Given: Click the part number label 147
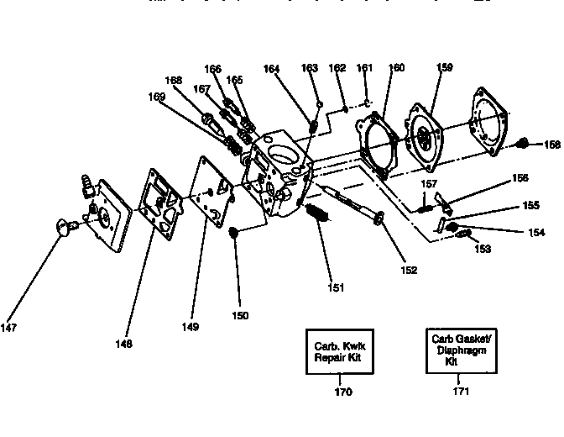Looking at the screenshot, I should click(12, 326).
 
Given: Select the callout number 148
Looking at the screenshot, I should click(125, 343).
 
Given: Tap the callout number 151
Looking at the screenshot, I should click(336, 287).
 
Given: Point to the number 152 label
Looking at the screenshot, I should click(409, 271).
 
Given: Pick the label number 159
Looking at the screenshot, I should click(444, 66).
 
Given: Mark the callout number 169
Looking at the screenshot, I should click(157, 97).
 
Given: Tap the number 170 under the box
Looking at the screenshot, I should click(342, 392).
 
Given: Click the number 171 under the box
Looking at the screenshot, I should click(459, 392).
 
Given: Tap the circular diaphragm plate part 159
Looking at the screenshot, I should click(427, 128).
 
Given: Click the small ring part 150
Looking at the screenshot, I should click(235, 230).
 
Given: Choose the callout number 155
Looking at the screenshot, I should click(531, 204).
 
